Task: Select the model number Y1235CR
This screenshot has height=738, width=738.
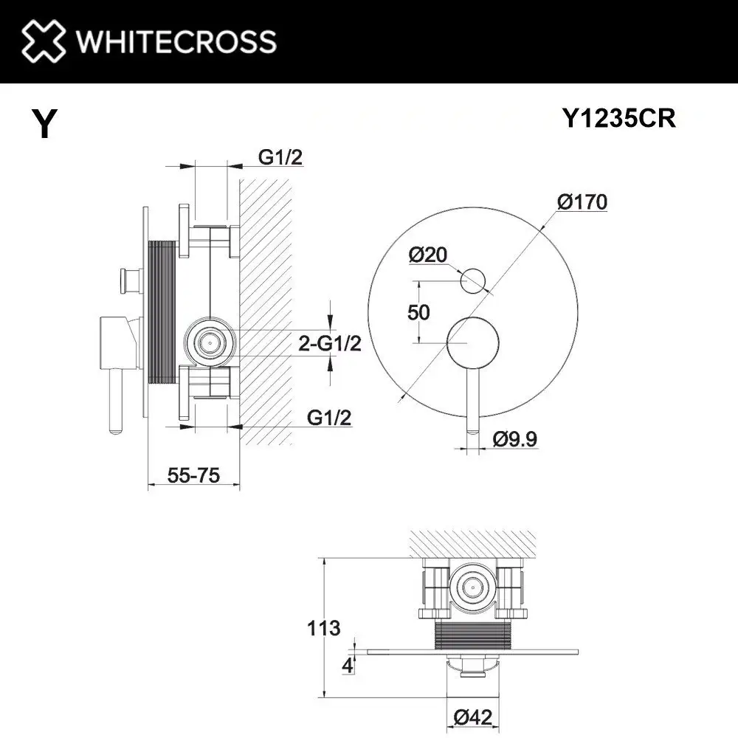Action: pyautogui.click(x=618, y=118)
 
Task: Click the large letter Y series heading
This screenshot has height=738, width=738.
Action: pyautogui.click(x=44, y=123)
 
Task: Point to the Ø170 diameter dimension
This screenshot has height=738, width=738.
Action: pyautogui.click(x=582, y=201)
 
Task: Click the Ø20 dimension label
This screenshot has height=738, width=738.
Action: pyautogui.click(x=427, y=255)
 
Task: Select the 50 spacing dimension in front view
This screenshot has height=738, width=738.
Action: pyautogui.click(x=418, y=312)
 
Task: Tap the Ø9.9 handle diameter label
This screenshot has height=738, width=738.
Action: pyautogui.click(x=514, y=440)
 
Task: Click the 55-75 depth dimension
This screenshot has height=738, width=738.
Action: pyautogui.click(x=194, y=476)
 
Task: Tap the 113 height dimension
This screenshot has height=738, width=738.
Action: pyautogui.click(x=325, y=628)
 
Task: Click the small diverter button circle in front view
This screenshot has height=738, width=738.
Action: pyautogui.click(x=472, y=281)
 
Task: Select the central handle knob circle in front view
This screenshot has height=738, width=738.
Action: pyautogui.click(x=472, y=342)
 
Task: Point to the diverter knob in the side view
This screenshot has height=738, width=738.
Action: pyautogui.click(x=125, y=281)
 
